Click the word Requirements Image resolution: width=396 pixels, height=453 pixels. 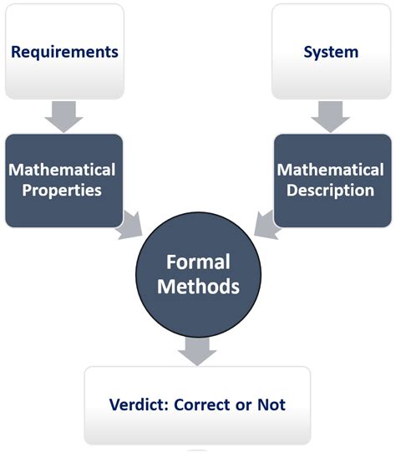(x=64, y=53)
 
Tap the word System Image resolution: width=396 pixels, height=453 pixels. (x=331, y=53)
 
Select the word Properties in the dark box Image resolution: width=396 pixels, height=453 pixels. (x=62, y=191)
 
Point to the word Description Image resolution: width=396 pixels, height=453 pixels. (x=331, y=191)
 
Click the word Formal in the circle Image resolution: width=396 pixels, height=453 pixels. (x=198, y=262)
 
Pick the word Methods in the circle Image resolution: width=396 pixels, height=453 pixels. (x=199, y=287)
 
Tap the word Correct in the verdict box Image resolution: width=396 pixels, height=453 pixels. (x=202, y=405)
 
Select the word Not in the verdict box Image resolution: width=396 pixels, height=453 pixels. (x=272, y=405)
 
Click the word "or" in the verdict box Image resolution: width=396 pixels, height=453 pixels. (x=243, y=406)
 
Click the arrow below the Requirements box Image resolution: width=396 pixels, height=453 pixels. (x=63, y=117)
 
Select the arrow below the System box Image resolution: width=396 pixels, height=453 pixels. (x=331, y=117)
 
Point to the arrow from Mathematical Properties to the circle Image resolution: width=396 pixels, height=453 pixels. (x=130, y=226)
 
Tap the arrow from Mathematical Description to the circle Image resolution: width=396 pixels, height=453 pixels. (x=267, y=226)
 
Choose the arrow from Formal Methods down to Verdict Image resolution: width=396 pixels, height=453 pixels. (x=197, y=351)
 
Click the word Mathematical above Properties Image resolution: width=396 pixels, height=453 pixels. (x=62, y=170)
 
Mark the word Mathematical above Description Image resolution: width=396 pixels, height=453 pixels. (x=331, y=170)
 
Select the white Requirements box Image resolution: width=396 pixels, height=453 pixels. (x=64, y=52)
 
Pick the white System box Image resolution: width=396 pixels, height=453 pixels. (x=332, y=52)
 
